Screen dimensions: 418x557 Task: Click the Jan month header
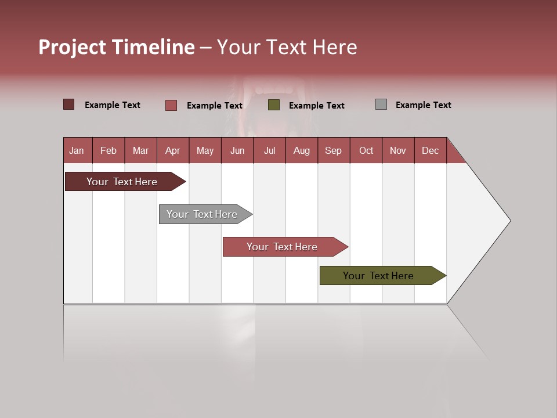point(77,150)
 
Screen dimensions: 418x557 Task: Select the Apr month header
point(173,150)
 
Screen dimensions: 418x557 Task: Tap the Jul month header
point(269,150)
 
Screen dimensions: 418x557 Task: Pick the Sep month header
point(334,150)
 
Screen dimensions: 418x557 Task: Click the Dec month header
point(430,150)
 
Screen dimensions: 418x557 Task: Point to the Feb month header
point(108,150)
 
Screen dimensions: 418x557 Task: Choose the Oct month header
point(366,150)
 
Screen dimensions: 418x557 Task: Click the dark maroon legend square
point(68,105)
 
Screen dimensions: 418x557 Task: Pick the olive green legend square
point(274,105)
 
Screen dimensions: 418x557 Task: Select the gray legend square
point(381,105)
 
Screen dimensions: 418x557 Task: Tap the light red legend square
point(171,105)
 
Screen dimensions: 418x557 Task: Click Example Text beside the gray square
point(423,105)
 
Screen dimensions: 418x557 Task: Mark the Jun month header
point(237,150)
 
